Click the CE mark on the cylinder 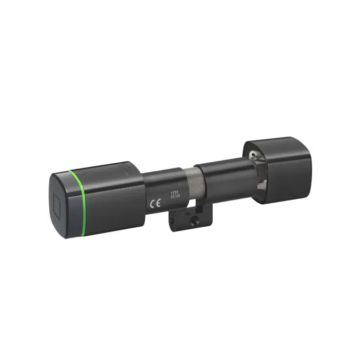[153, 203]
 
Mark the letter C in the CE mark [150, 203]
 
